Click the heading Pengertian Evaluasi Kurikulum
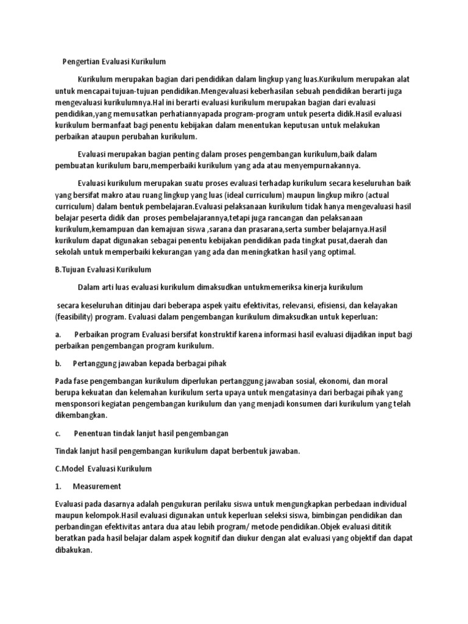114,62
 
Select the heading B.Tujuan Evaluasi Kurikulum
102,269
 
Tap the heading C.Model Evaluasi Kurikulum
103,469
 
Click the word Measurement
97,486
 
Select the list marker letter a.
57,335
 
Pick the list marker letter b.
57,363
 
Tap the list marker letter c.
57,433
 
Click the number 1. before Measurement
57,486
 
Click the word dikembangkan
80,416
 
